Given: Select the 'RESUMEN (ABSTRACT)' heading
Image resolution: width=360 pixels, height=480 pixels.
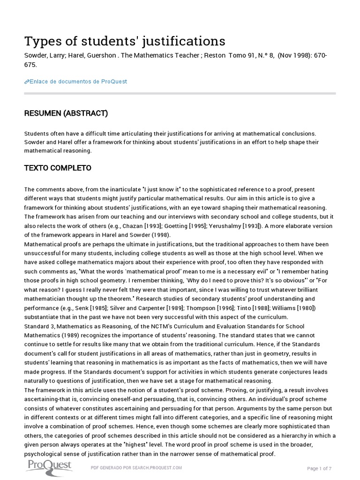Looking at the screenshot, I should point(66,113).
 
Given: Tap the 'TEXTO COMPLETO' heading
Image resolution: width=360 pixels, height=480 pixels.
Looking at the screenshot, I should point(58,168).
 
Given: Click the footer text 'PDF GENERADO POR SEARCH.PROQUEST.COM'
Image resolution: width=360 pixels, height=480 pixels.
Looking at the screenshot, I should point(136,468).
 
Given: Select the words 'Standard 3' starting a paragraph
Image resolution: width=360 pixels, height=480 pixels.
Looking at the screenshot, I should point(39,326).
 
